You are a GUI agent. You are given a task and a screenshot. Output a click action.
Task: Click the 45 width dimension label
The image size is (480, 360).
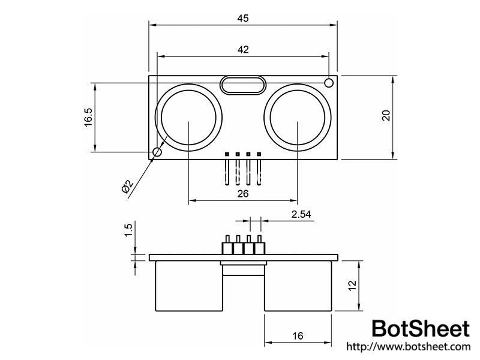click(243, 18)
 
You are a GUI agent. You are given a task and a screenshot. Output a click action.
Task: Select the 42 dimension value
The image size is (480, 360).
click(243, 50)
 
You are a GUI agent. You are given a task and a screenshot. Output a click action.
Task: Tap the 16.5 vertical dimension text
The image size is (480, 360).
click(88, 117)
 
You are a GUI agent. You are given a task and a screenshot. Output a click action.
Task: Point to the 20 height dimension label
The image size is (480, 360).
click(386, 116)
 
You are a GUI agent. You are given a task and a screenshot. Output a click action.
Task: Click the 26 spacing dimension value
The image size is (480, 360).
click(243, 194)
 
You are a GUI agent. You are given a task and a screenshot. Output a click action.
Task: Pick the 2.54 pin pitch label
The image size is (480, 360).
click(302, 214)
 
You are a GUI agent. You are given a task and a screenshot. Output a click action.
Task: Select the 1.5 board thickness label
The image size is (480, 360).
click(128, 230)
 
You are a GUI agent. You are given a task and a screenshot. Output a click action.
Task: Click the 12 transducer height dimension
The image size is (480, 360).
click(353, 285)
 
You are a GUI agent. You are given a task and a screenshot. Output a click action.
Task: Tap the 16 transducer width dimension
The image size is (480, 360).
click(298, 337)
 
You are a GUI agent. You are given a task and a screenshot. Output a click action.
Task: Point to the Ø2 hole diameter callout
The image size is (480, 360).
click(127, 187)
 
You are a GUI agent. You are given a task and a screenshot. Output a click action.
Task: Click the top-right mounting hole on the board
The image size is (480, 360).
click(329, 82)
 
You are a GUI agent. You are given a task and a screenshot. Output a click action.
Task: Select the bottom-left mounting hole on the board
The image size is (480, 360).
click(157, 152)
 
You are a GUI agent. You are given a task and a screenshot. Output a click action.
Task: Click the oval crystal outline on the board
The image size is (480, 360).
click(243, 85)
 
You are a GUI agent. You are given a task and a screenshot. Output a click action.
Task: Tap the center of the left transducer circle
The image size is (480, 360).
click(188, 117)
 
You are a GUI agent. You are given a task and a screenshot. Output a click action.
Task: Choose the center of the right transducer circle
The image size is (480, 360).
click(298, 117)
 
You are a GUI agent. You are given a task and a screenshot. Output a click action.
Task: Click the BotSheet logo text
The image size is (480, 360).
click(420, 329)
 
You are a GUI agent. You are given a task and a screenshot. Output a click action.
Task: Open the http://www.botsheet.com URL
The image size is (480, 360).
click(407, 347)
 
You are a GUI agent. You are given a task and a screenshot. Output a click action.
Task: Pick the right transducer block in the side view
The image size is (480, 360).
click(298, 287)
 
